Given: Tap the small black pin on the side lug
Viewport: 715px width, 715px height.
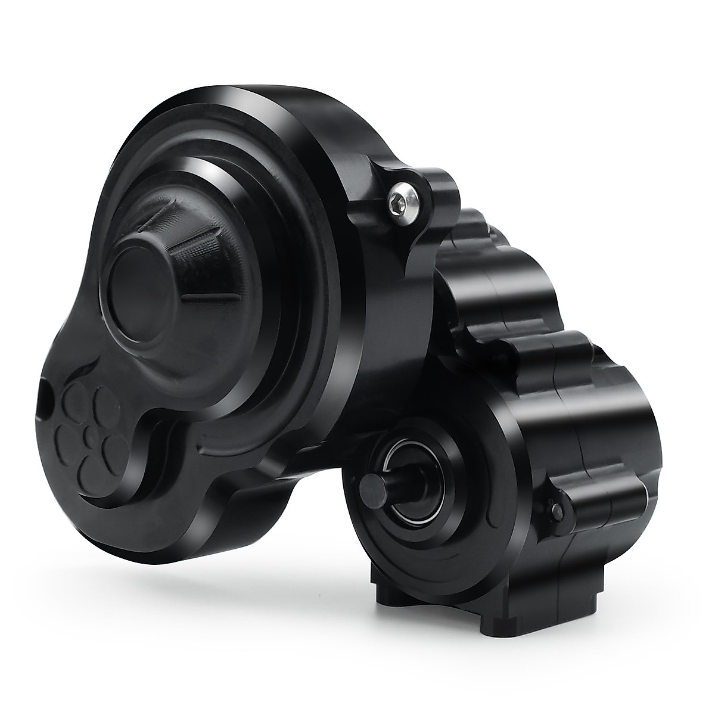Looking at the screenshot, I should pos(556,509).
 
